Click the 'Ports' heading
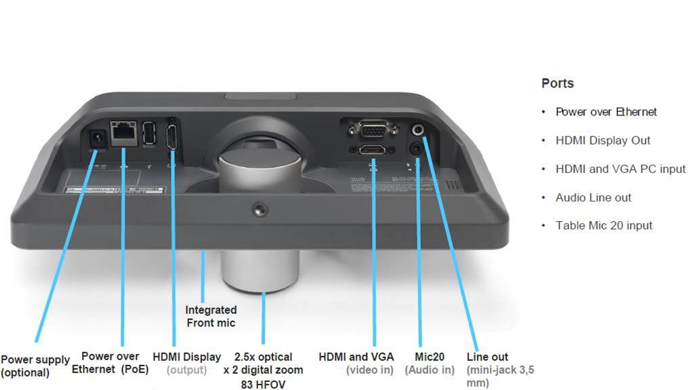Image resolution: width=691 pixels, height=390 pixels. [x=558, y=83]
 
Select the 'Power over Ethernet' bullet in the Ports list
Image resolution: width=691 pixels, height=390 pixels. [x=606, y=112]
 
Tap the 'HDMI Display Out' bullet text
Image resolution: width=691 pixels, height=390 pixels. [x=602, y=140]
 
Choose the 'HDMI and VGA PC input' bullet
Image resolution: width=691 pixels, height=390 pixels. [x=620, y=169]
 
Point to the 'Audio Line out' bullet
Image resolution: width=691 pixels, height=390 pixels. [x=593, y=197]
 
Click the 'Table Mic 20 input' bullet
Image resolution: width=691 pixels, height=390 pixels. [x=604, y=226]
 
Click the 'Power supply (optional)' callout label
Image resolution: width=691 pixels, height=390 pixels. [x=35, y=366]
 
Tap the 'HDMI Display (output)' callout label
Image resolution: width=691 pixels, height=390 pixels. [x=186, y=363]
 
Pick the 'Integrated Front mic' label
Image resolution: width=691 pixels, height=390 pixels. [x=211, y=316]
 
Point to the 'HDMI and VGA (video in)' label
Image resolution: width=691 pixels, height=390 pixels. [x=356, y=363]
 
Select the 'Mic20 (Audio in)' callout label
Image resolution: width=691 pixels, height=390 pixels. [x=430, y=363]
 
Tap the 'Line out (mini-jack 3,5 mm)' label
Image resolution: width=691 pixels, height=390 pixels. [x=487, y=370]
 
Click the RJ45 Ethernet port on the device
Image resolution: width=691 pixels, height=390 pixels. [x=123, y=132]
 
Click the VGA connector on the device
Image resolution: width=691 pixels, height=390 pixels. [x=369, y=129]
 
